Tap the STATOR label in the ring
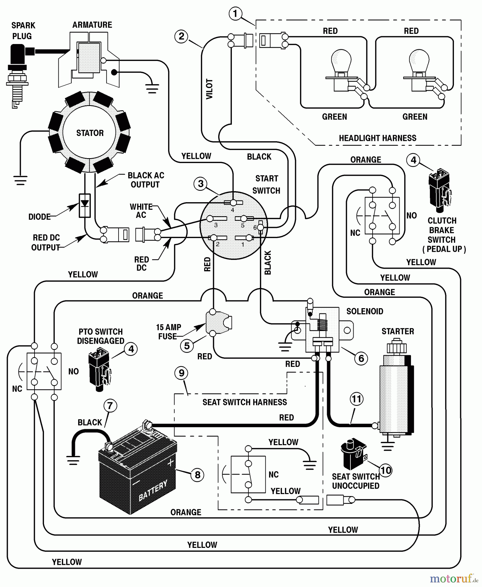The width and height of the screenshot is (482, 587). (90, 133)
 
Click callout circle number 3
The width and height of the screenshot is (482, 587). (201, 184)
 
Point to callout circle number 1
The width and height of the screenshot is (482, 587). (235, 14)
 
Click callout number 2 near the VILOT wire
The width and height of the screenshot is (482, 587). (181, 36)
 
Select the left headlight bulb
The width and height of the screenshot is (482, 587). (341, 62)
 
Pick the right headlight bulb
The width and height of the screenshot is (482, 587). (419, 62)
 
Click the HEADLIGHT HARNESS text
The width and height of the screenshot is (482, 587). (377, 138)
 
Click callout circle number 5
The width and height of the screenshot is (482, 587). (187, 346)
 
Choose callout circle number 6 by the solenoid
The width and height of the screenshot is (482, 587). (361, 359)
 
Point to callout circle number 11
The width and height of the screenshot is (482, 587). (356, 399)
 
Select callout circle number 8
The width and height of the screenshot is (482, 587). (197, 475)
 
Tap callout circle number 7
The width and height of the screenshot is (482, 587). (110, 406)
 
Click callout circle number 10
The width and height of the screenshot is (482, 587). (386, 470)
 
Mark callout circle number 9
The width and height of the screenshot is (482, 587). (181, 373)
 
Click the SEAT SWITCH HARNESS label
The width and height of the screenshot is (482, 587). (245, 402)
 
